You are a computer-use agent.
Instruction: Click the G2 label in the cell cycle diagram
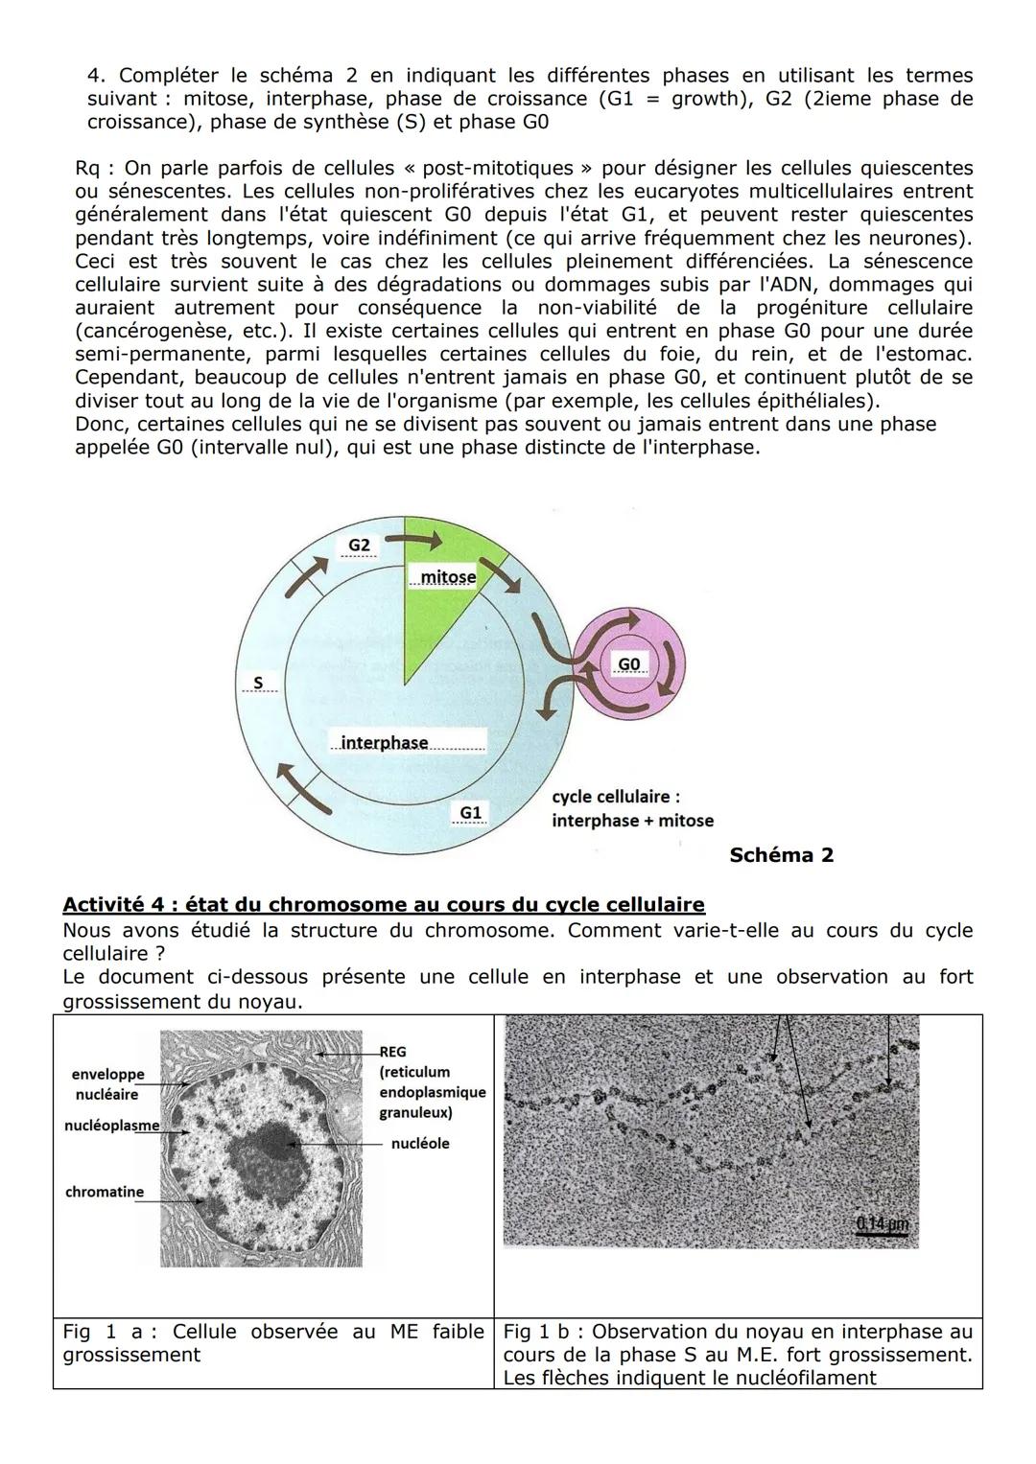click(x=359, y=546)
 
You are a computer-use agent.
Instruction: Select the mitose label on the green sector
click(x=448, y=577)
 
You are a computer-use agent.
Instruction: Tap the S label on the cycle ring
click(x=257, y=683)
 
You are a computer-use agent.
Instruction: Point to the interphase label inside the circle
click(x=385, y=743)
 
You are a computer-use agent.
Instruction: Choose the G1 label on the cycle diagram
click(x=470, y=813)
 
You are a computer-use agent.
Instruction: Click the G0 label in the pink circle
click(x=628, y=664)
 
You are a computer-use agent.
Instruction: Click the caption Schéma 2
click(x=781, y=855)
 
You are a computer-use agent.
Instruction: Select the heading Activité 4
click(x=383, y=904)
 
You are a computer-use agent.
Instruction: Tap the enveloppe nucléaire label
click(x=106, y=1084)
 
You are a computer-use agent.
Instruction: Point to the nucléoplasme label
click(x=111, y=1126)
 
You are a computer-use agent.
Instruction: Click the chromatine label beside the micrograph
click(x=105, y=1192)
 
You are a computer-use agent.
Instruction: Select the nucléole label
click(x=420, y=1143)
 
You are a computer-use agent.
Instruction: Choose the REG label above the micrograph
click(x=392, y=1052)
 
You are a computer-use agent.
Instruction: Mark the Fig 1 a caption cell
click(x=273, y=1343)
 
